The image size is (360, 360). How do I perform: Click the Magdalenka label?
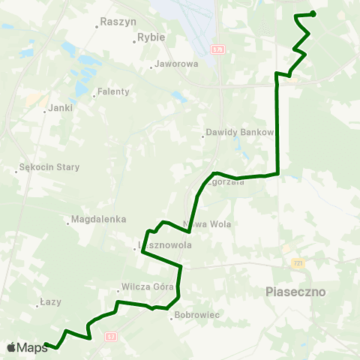point(93,220)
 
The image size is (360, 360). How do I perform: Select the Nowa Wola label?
point(208,223)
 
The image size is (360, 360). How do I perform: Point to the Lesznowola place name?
point(163,245)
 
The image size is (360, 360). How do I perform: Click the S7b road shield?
point(217,49)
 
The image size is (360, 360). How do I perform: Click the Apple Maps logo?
point(27,347)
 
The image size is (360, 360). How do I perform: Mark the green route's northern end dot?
point(313,13)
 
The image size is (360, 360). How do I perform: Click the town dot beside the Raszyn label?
point(97,26)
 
